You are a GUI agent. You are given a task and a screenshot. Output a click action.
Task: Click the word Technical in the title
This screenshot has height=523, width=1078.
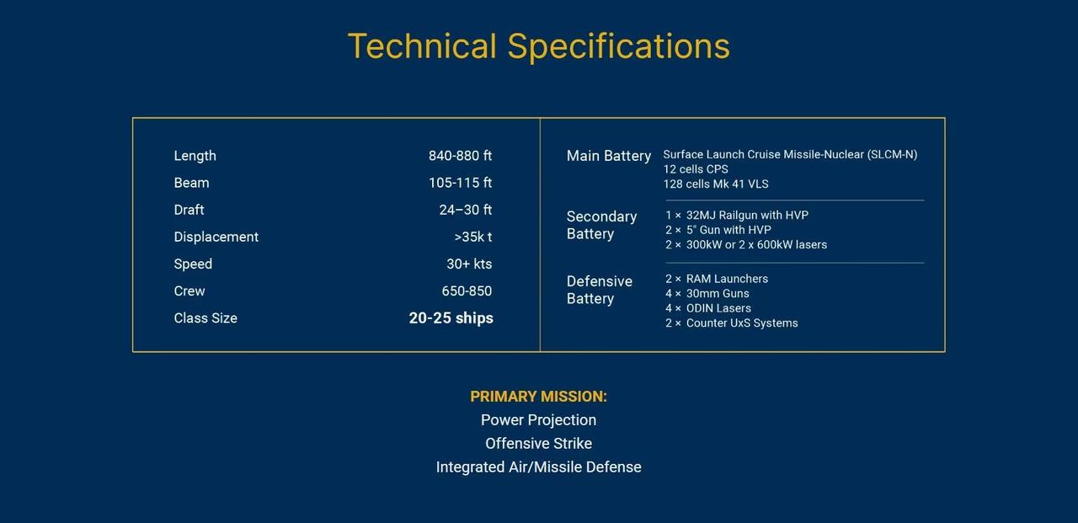click(422, 46)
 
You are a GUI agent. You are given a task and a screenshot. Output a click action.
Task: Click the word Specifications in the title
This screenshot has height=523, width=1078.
click(619, 47)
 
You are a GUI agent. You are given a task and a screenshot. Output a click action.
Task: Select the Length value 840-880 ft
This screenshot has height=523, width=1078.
click(460, 156)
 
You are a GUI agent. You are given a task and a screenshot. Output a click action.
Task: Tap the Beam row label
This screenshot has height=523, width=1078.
click(191, 183)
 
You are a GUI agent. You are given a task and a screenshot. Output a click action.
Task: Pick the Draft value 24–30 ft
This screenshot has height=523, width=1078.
click(466, 210)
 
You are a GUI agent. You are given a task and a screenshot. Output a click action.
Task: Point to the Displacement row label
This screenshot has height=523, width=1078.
click(216, 237)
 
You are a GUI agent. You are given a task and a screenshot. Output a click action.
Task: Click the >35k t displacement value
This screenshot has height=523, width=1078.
click(473, 237)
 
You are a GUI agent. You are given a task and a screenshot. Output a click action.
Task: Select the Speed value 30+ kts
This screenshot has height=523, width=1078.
click(469, 264)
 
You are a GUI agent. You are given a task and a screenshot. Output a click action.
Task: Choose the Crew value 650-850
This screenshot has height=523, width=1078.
click(467, 291)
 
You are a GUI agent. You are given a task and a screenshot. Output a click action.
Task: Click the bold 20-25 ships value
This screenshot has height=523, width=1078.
click(451, 318)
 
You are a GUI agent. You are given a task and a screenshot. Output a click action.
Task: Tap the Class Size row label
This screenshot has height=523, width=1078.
click(205, 318)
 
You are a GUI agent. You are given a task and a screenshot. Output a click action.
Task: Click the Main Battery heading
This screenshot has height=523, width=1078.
click(609, 156)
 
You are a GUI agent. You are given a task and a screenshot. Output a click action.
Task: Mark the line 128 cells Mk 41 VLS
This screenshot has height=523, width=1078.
click(716, 184)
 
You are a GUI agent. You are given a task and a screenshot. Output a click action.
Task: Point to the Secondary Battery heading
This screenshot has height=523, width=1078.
click(601, 225)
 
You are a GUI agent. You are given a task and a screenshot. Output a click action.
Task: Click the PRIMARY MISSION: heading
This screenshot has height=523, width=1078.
click(538, 397)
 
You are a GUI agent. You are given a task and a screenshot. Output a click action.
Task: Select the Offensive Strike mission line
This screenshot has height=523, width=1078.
click(538, 443)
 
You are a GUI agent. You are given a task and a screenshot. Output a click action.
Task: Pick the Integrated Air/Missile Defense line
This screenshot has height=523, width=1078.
click(538, 467)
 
